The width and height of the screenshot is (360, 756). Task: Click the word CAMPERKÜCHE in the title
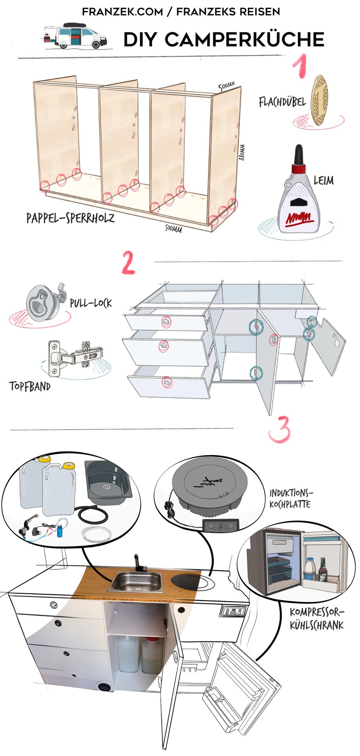244,40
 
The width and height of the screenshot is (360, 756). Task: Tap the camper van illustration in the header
76,36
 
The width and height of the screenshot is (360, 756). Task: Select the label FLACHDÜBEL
282,102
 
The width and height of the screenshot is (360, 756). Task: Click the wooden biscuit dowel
319,100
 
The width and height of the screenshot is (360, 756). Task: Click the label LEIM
324,180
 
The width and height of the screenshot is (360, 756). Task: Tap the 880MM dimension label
242,152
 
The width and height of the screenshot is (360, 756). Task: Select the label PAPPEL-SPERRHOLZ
70,218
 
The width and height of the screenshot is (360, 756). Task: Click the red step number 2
128,263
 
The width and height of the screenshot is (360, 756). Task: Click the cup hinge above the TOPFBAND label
75,358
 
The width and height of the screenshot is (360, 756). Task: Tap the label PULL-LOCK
91,303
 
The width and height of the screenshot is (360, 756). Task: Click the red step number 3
280,429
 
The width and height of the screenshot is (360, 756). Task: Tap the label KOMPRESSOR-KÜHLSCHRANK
317,619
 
